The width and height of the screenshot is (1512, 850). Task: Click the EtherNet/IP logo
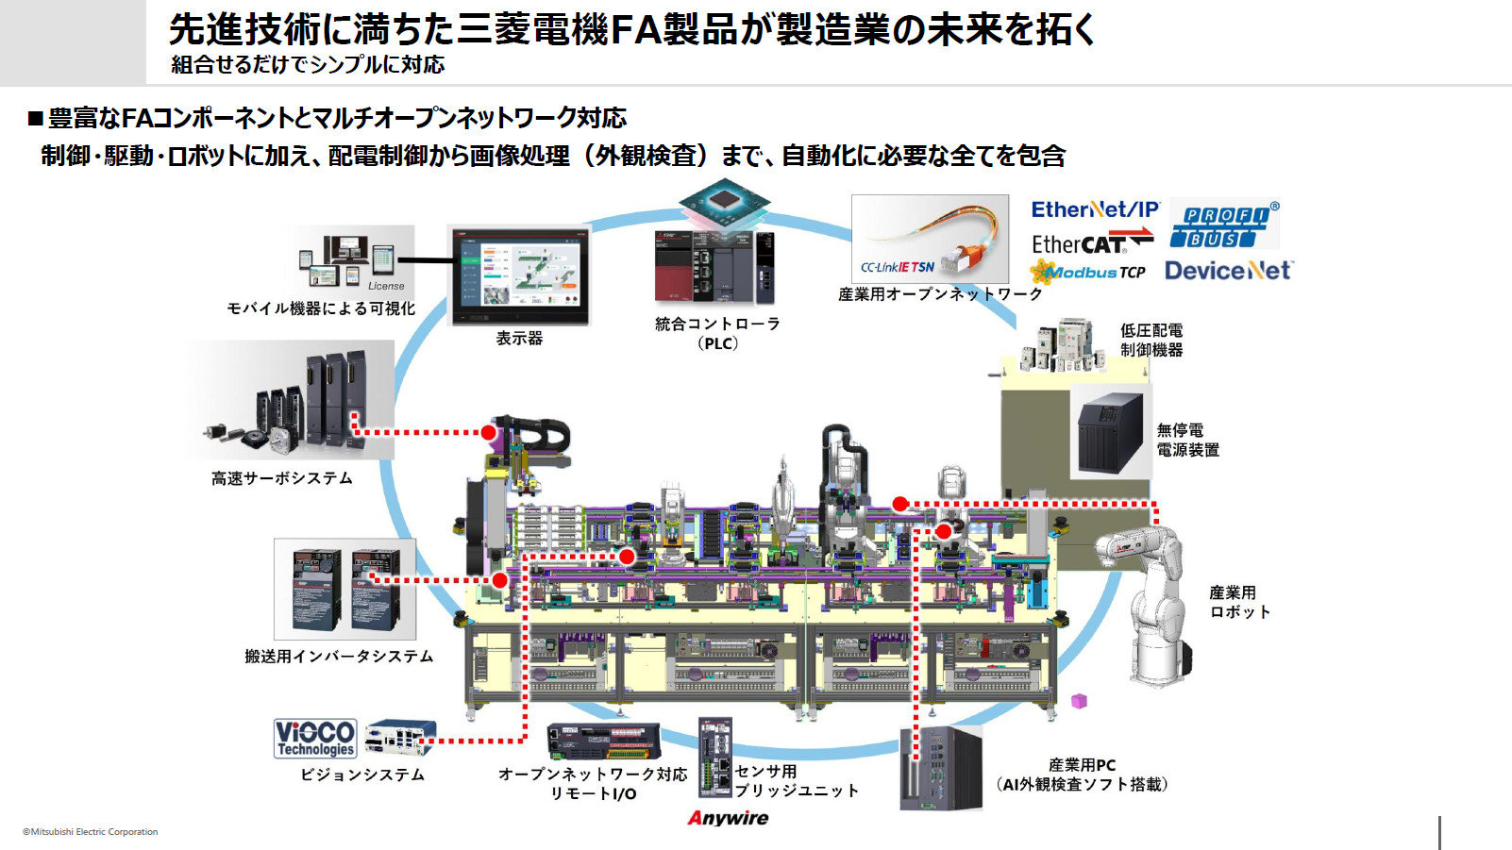pos(1094,209)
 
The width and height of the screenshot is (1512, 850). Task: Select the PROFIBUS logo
pos(1223,225)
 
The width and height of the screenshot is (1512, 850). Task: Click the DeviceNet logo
pos(1228,271)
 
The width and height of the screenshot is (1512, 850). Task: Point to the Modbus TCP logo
pos(1088,273)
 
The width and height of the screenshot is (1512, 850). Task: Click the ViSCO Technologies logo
pos(315,738)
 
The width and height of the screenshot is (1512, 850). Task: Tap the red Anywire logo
pos(728,818)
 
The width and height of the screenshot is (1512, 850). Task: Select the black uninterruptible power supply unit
pos(1112,432)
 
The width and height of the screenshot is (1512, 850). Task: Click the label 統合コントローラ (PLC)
pos(717,333)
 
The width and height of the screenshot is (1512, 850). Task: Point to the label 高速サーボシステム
pos(281,478)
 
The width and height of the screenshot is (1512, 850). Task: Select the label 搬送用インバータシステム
pos(339,656)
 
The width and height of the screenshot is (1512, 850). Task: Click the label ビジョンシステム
pos(362,775)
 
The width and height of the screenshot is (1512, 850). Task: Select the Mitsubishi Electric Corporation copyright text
pos(91,832)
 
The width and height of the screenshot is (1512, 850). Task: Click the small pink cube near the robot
pos(1080,701)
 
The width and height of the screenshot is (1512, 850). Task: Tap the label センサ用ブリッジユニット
pos(797,781)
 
